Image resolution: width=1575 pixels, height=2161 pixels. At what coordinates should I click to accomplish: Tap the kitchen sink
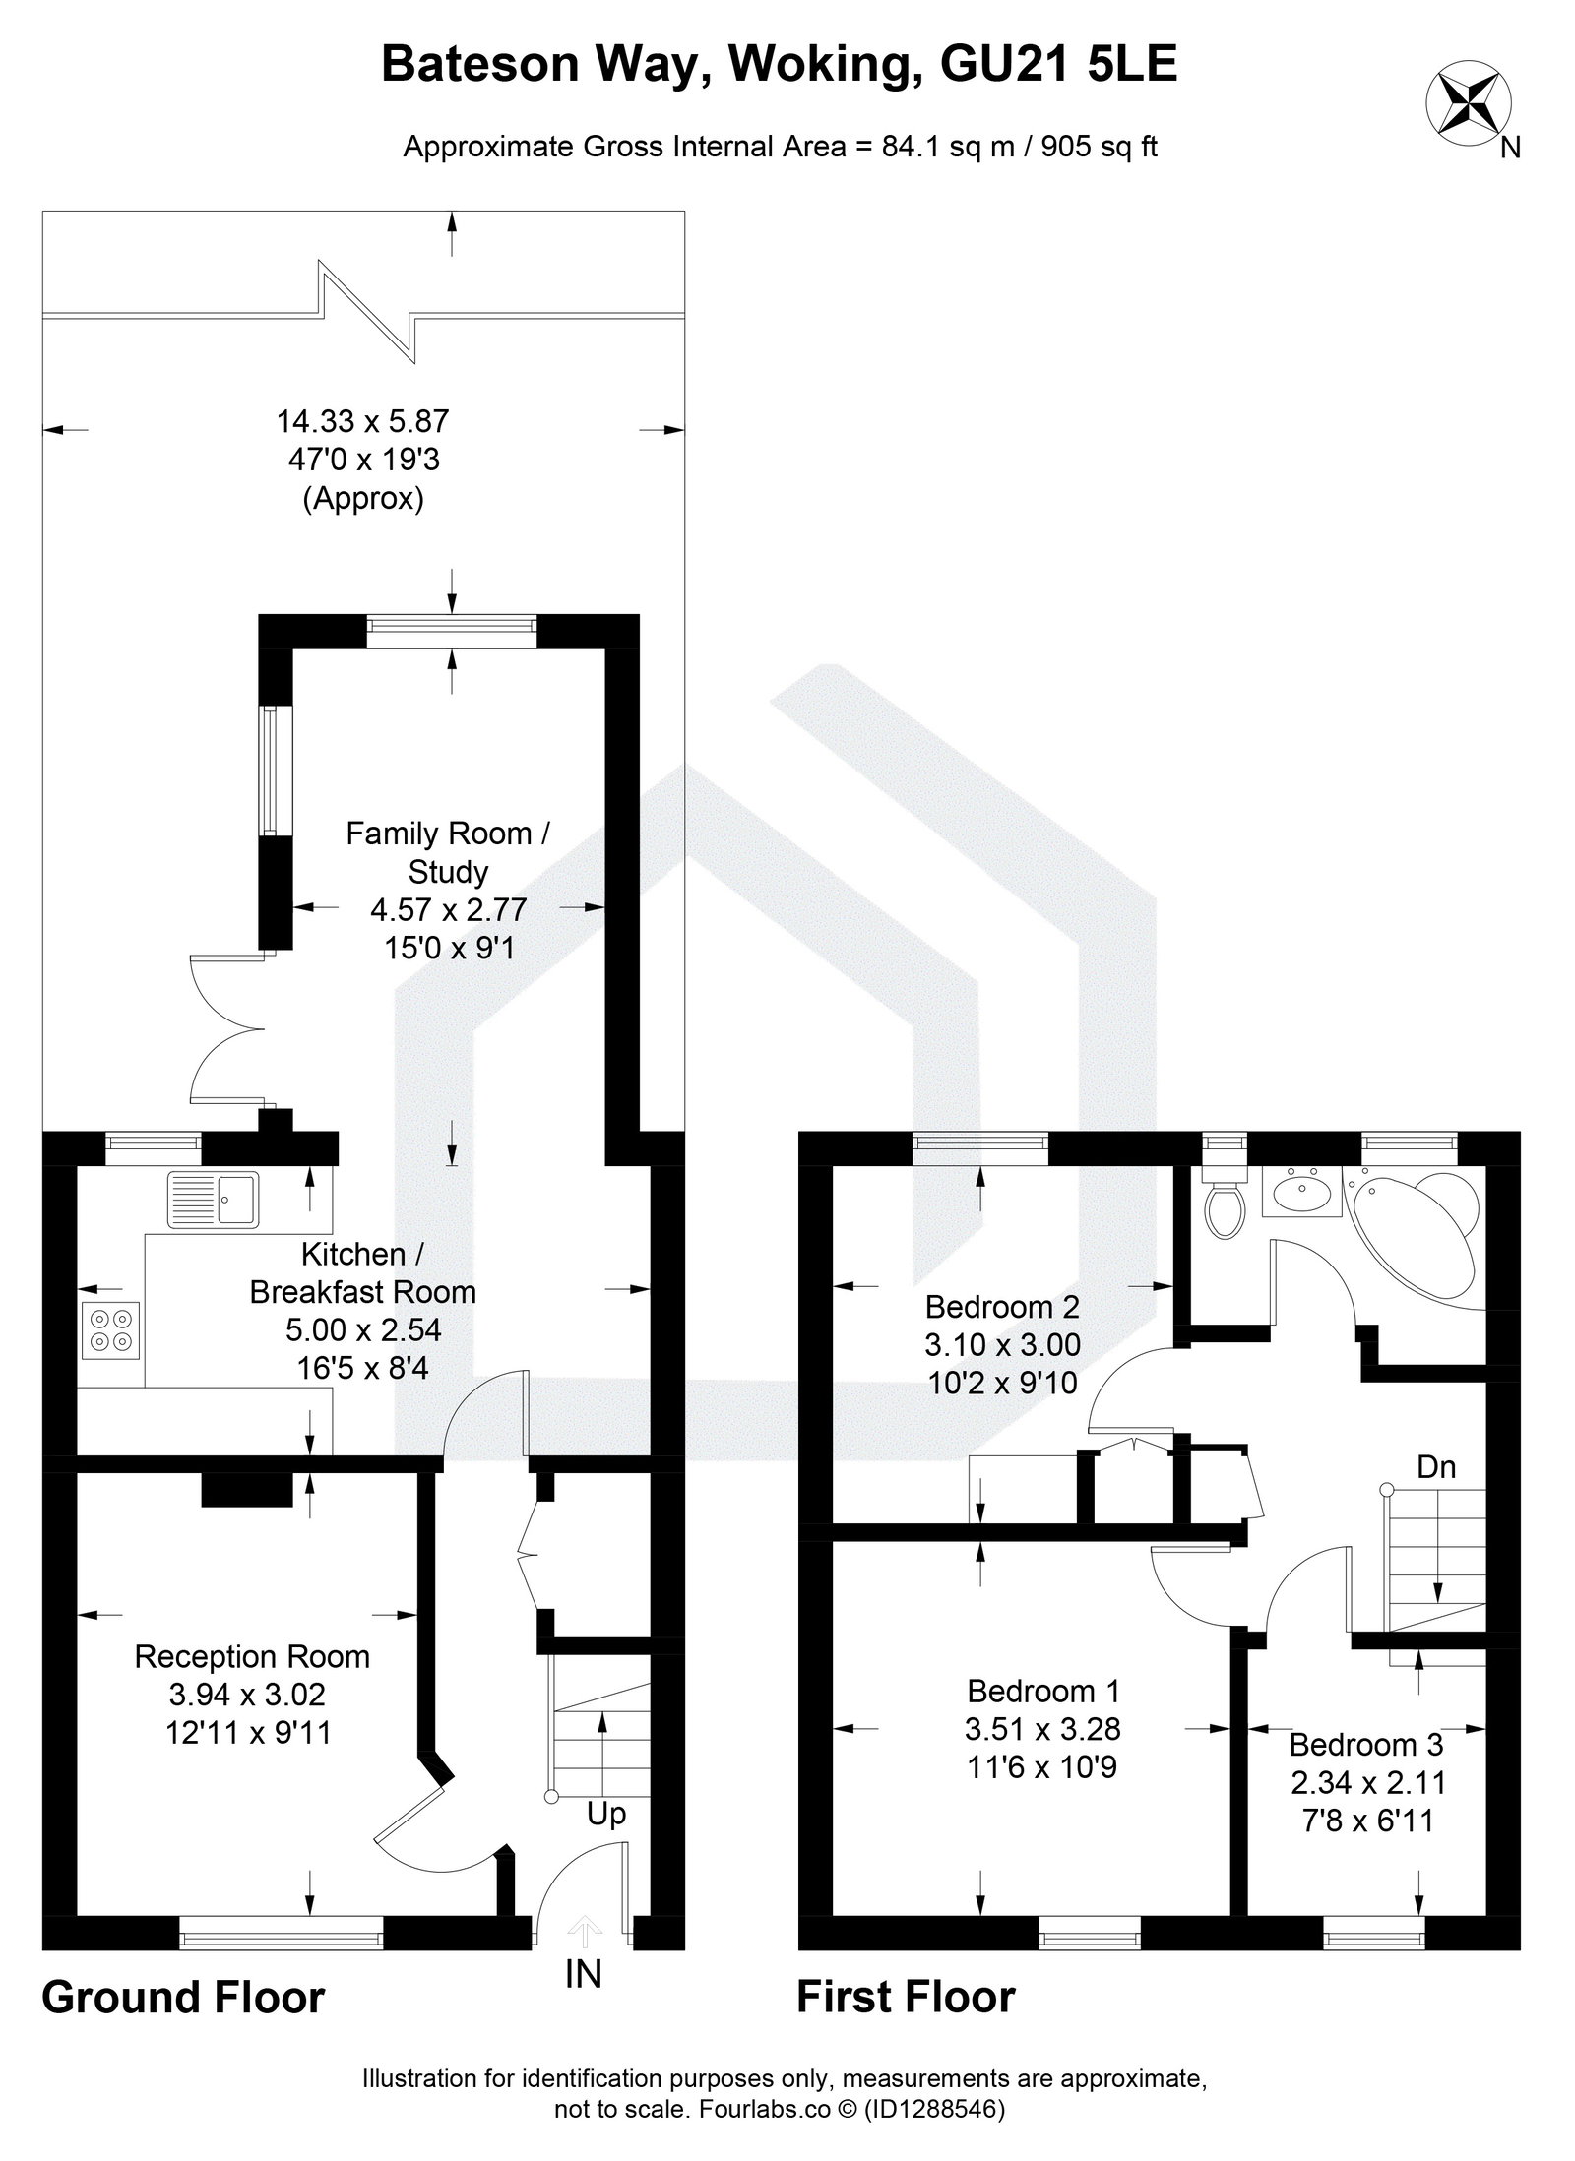(213, 1199)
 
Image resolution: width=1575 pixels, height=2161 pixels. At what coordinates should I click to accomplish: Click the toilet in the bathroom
(1224, 1207)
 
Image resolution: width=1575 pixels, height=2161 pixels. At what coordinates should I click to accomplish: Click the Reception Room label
(252, 1656)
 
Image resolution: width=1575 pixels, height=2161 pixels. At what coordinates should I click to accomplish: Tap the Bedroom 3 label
(1365, 1744)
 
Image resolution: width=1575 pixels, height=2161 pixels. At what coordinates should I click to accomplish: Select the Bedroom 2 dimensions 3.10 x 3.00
(1002, 1344)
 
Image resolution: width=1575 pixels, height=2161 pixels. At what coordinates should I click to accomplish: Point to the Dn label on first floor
(1435, 1467)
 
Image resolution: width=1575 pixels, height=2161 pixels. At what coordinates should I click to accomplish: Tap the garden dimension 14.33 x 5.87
(362, 422)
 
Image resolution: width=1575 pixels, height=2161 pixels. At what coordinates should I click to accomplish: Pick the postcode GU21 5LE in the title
(1058, 66)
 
